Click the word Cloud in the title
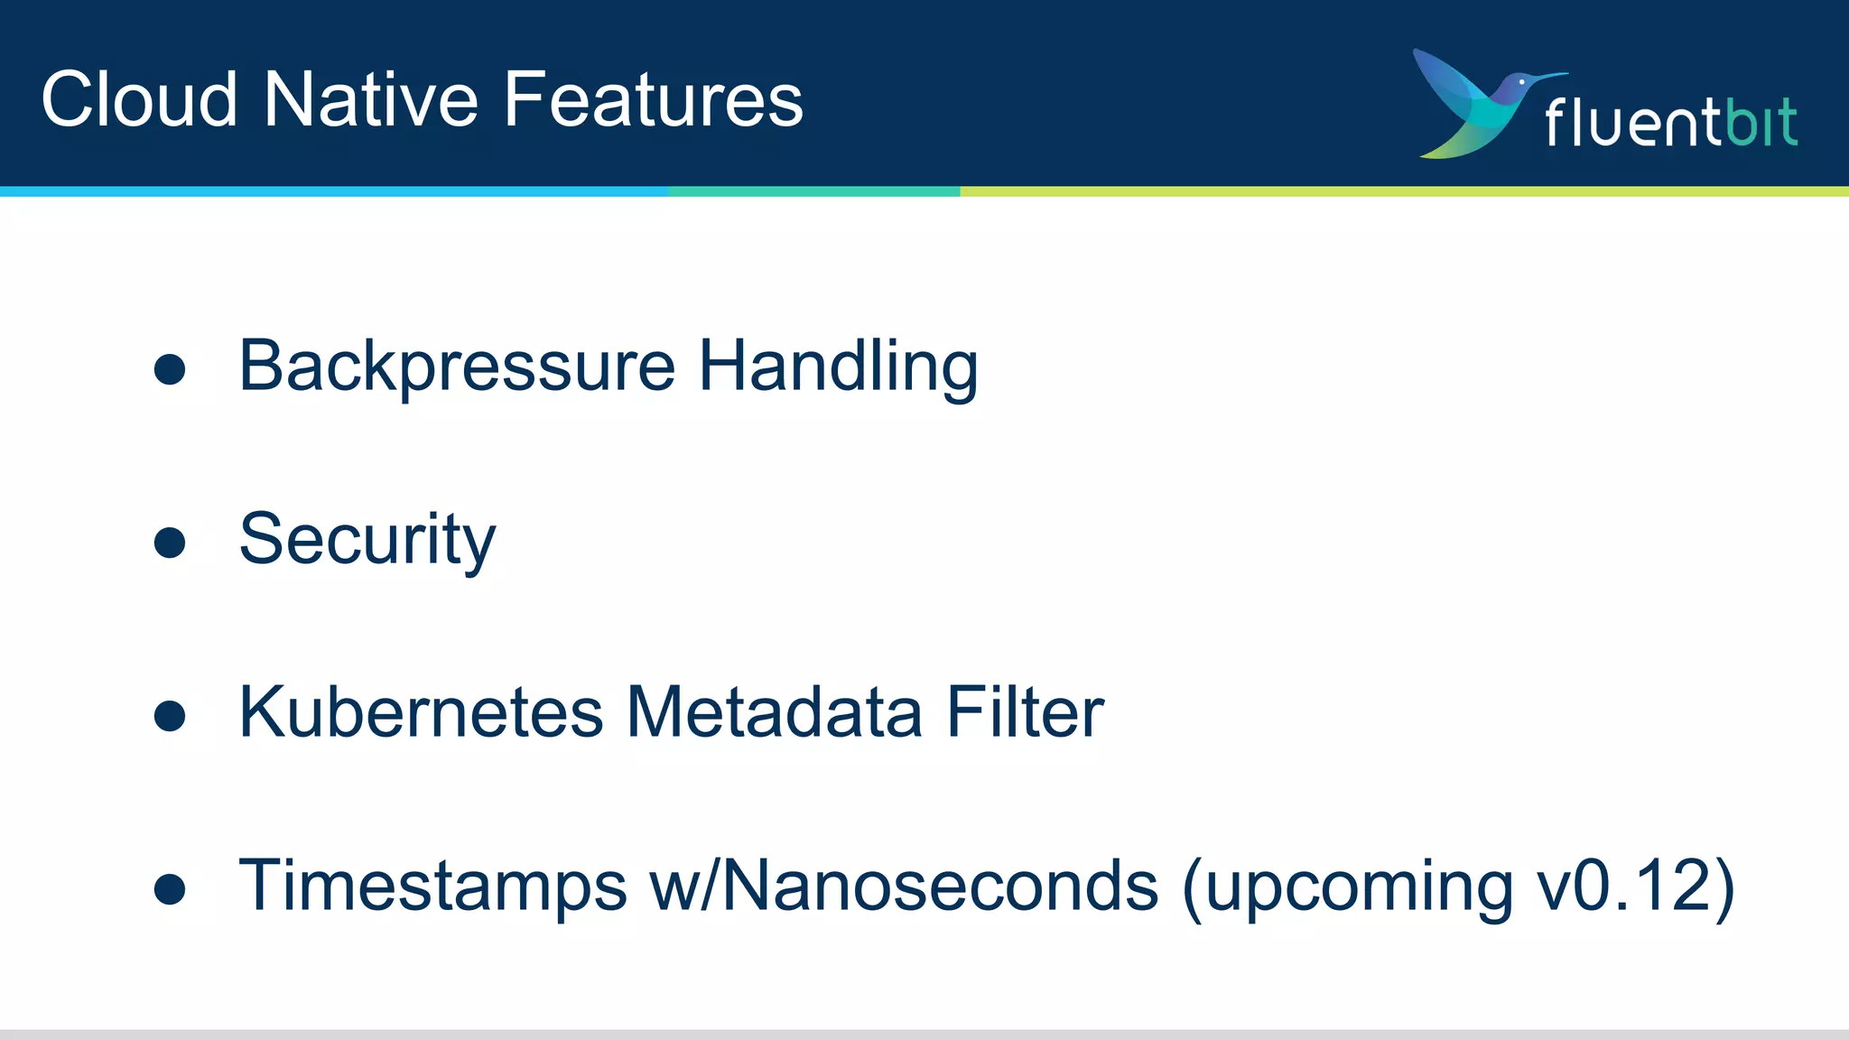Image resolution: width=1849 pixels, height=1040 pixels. pyautogui.click(x=140, y=99)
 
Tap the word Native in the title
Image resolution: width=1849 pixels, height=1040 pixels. pyautogui.click(x=371, y=99)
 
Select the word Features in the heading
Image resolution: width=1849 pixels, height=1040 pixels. pyautogui.click(x=653, y=99)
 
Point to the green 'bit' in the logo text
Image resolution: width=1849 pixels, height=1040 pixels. pyautogui.click(x=1761, y=122)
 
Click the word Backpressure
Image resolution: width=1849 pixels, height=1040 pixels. pyautogui.click(x=457, y=367)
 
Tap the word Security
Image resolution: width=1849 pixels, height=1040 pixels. pyautogui.click(x=367, y=540)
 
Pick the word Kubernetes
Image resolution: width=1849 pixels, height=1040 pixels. pyautogui.click(x=421, y=712)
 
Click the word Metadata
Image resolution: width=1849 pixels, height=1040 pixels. pyautogui.click(x=774, y=712)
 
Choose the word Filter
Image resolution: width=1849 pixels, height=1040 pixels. pyautogui.click(x=1025, y=712)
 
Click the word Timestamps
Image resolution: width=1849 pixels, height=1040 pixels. pyautogui.click(x=432, y=886)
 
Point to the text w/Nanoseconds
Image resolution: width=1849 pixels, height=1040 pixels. pyautogui.click(x=904, y=886)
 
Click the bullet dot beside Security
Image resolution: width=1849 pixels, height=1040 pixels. pyautogui.click(x=170, y=543)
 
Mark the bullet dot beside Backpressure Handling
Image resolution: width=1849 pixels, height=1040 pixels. pyautogui.click(x=170, y=369)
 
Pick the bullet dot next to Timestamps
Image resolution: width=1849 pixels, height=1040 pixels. pyautogui.click(x=170, y=889)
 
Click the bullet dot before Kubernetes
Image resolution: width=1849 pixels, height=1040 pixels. pyautogui.click(x=170, y=716)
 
